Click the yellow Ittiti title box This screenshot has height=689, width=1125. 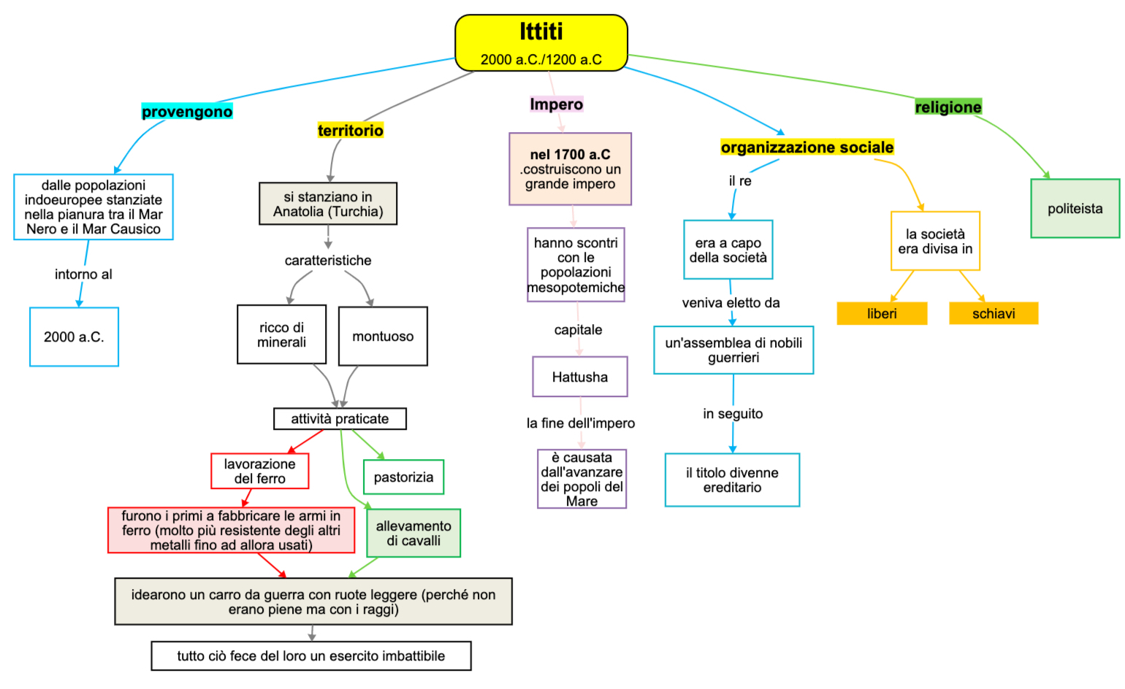[541, 42]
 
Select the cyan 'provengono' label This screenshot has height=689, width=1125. [187, 112]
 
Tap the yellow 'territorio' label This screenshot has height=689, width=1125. [351, 131]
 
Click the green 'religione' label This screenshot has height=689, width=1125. [948, 107]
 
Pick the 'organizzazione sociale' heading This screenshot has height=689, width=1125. [806, 147]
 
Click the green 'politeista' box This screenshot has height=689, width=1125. [1075, 209]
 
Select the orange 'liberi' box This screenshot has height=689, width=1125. [882, 314]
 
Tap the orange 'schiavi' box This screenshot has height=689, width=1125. [994, 314]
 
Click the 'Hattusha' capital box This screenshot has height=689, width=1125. [580, 377]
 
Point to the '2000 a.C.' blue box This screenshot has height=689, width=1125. [74, 337]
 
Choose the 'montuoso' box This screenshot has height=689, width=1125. [383, 336]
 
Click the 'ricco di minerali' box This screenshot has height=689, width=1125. [281, 335]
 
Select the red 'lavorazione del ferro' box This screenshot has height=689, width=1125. [259, 471]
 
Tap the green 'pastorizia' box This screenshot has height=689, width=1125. [403, 477]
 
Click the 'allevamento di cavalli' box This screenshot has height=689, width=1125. [413, 534]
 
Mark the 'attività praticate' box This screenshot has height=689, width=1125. [340, 419]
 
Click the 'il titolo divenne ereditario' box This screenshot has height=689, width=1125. [732, 480]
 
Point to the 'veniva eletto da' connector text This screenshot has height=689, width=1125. [731, 303]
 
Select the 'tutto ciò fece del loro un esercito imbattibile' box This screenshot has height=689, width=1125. [311, 656]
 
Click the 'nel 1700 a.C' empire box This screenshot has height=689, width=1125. [570, 169]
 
